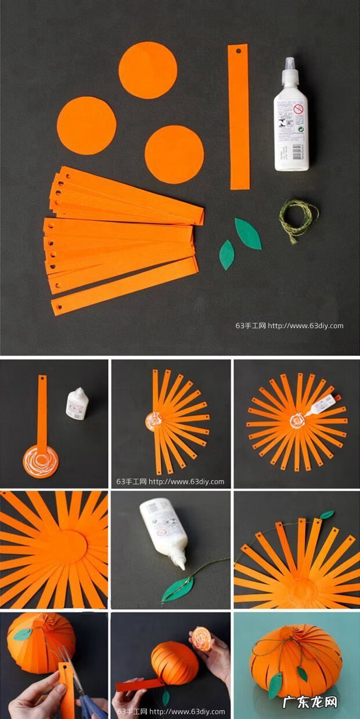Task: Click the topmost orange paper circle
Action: (x=147, y=70)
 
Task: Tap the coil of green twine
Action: (x=298, y=219)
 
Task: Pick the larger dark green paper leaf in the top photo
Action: (x=248, y=233)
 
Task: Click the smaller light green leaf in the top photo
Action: (x=226, y=255)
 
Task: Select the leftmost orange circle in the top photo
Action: (x=87, y=125)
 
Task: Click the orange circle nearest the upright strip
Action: (x=174, y=154)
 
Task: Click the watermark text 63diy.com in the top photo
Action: (x=289, y=326)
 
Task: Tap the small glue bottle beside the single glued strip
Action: (x=76, y=404)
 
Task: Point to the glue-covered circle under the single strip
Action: (x=41, y=462)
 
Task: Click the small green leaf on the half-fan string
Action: (x=327, y=515)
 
